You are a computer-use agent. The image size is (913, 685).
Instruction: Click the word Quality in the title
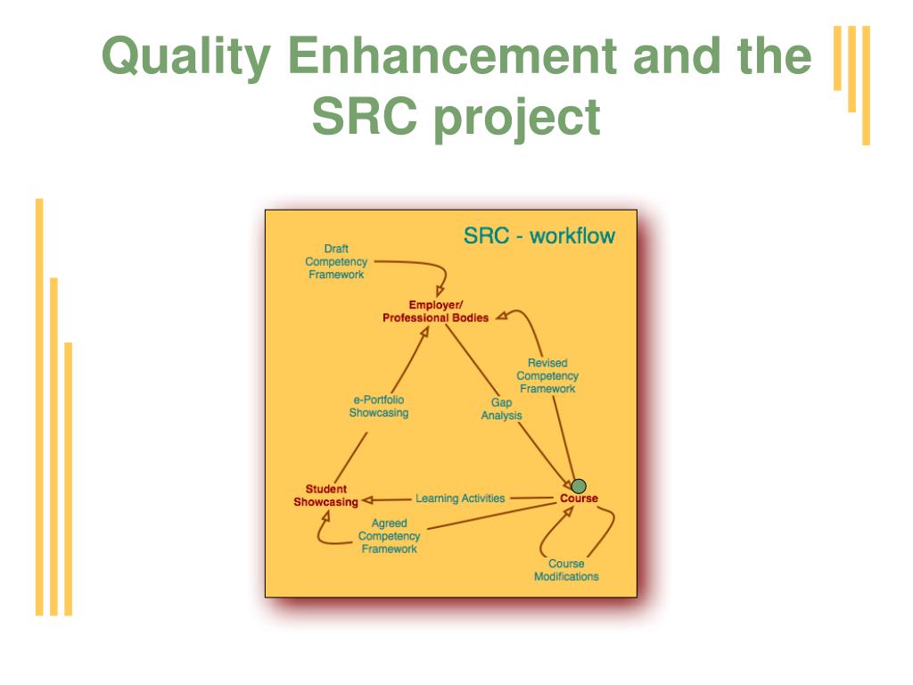click(x=186, y=58)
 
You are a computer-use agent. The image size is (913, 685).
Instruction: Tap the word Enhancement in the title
click(x=452, y=56)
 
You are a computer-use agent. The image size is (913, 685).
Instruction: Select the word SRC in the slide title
click(x=365, y=116)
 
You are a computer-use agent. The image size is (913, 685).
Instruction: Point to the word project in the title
click(x=517, y=120)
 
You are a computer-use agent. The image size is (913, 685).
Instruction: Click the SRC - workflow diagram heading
click(x=539, y=235)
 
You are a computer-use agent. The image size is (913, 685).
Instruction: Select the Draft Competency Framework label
click(x=336, y=261)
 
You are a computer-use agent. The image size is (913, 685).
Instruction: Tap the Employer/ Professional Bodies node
click(x=435, y=311)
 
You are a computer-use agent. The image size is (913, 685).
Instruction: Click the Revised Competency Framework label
click(x=547, y=376)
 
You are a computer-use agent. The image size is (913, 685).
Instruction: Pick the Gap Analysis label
click(x=501, y=409)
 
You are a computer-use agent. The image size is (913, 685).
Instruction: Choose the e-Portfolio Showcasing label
click(x=378, y=406)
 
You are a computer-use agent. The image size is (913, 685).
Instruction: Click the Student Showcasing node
click(x=325, y=496)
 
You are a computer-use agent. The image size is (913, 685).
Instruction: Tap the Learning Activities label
click(x=460, y=498)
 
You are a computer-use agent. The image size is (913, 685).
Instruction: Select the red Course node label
click(x=579, y=498)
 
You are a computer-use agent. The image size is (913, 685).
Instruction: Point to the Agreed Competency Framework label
click(x=389, y=536)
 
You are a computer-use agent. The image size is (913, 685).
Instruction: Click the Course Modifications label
click(x=566, y=570)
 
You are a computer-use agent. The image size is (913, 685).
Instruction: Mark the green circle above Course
click(x=578, y=486)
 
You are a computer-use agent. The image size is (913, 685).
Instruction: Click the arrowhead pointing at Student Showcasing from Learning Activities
click(x=367, y=499)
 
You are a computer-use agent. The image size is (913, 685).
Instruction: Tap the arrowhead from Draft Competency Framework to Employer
click(x=440, y=290)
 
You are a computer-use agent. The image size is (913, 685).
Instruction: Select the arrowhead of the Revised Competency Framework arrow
click(x=501, y=316)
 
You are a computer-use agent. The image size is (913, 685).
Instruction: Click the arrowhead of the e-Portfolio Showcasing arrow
click(x=424, y=332)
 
